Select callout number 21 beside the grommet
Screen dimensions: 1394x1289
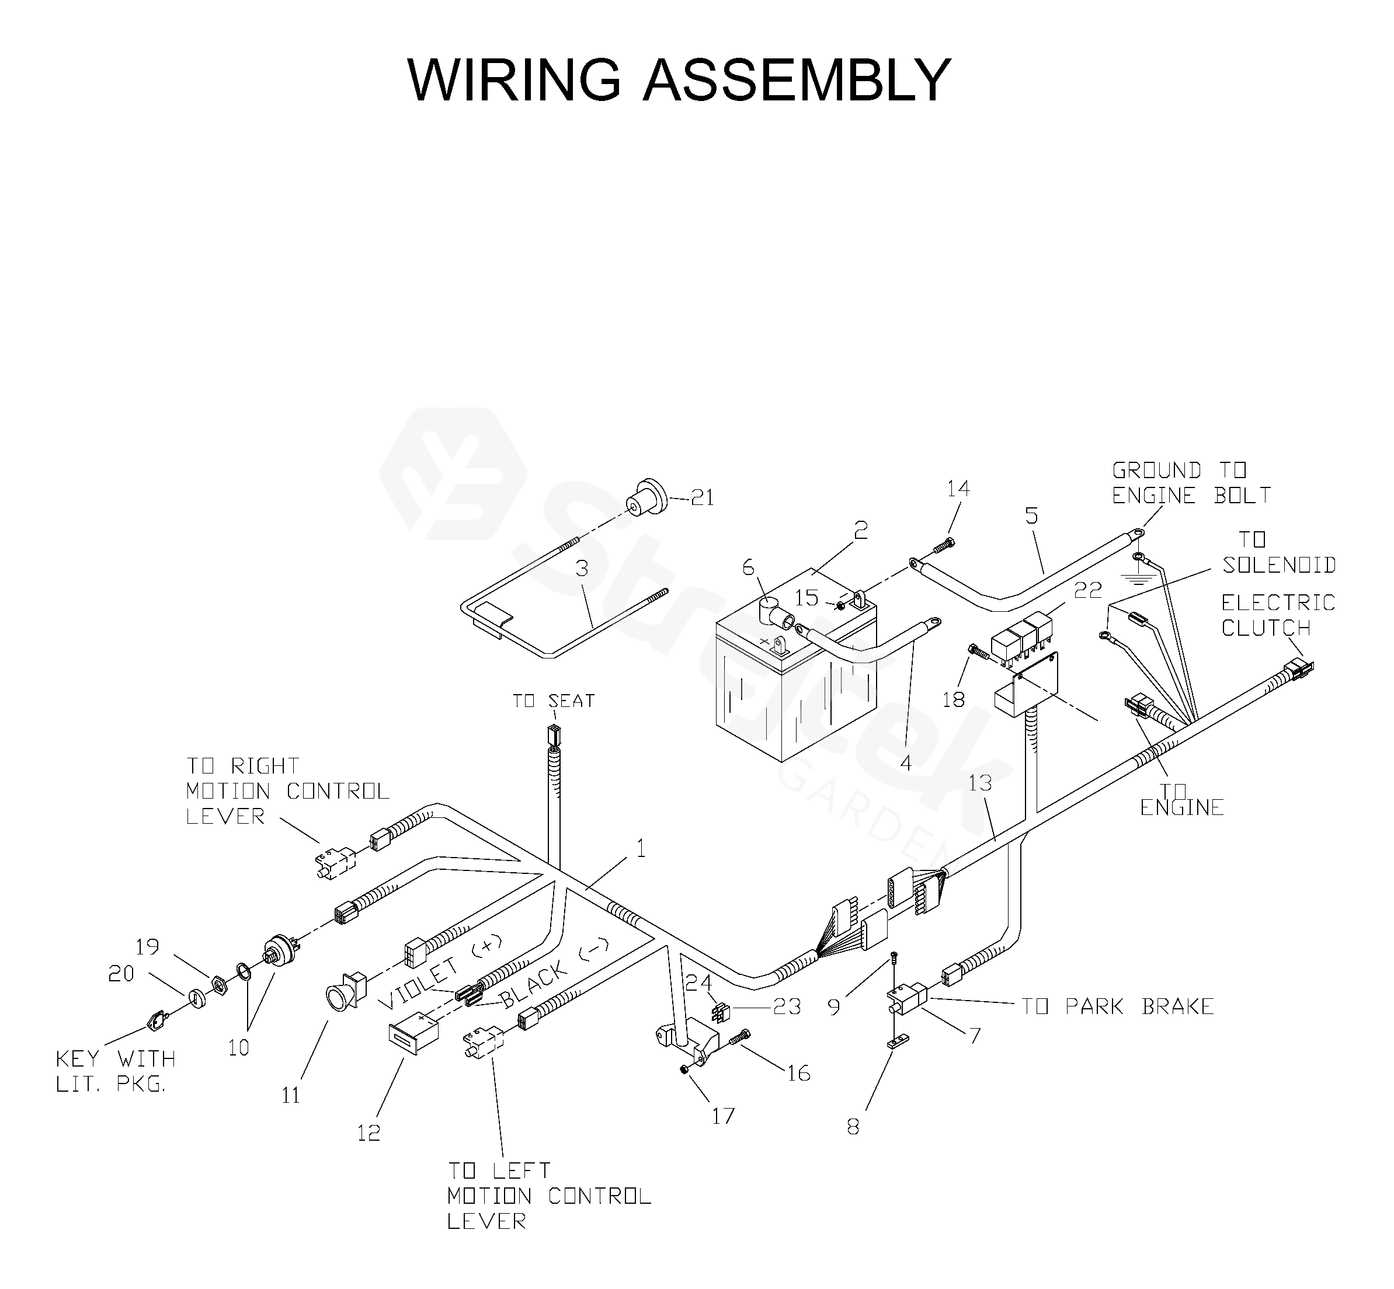(x=702, y=497)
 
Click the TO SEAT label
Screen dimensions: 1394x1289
(x=553, y=701)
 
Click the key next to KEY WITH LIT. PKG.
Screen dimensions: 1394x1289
(x=155, y=1021)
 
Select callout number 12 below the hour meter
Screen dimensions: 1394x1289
(x=369, y=1134)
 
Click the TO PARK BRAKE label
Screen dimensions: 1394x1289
(x=1118, y=1006)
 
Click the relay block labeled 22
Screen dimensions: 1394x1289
(x=1022, y=637)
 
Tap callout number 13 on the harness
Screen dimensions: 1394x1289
(x=981, y=783)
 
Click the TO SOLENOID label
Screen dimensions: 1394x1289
(x=1279, y=552)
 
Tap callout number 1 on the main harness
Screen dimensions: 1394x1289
(x=641, y=848)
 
